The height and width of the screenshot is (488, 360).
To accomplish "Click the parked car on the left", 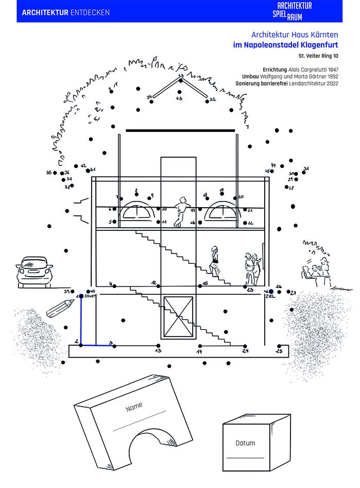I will click(x=34, y=271).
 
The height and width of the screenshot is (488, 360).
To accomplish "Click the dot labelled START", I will click(x=81, y=296).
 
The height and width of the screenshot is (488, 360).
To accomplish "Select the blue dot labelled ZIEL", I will click(x=271, y=291).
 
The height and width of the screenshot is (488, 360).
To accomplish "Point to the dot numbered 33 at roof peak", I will click(x=180, y=80).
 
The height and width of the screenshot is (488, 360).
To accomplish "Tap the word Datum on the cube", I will click(x=245, y=443).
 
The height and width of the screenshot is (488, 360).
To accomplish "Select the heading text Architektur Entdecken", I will click(x=65, y=12).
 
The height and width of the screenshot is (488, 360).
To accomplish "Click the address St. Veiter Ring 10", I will click(x=318, y=55).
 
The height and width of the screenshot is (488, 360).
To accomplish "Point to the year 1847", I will click(x=332, y=69).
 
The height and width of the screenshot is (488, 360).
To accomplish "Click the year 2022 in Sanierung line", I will click(x=331, y=83).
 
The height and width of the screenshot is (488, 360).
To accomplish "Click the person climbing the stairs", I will click(x=214, y=262).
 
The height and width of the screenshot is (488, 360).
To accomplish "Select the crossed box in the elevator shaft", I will click(x=178, y=316).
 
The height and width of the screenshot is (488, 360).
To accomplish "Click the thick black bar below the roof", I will click(x=180, y=130).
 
